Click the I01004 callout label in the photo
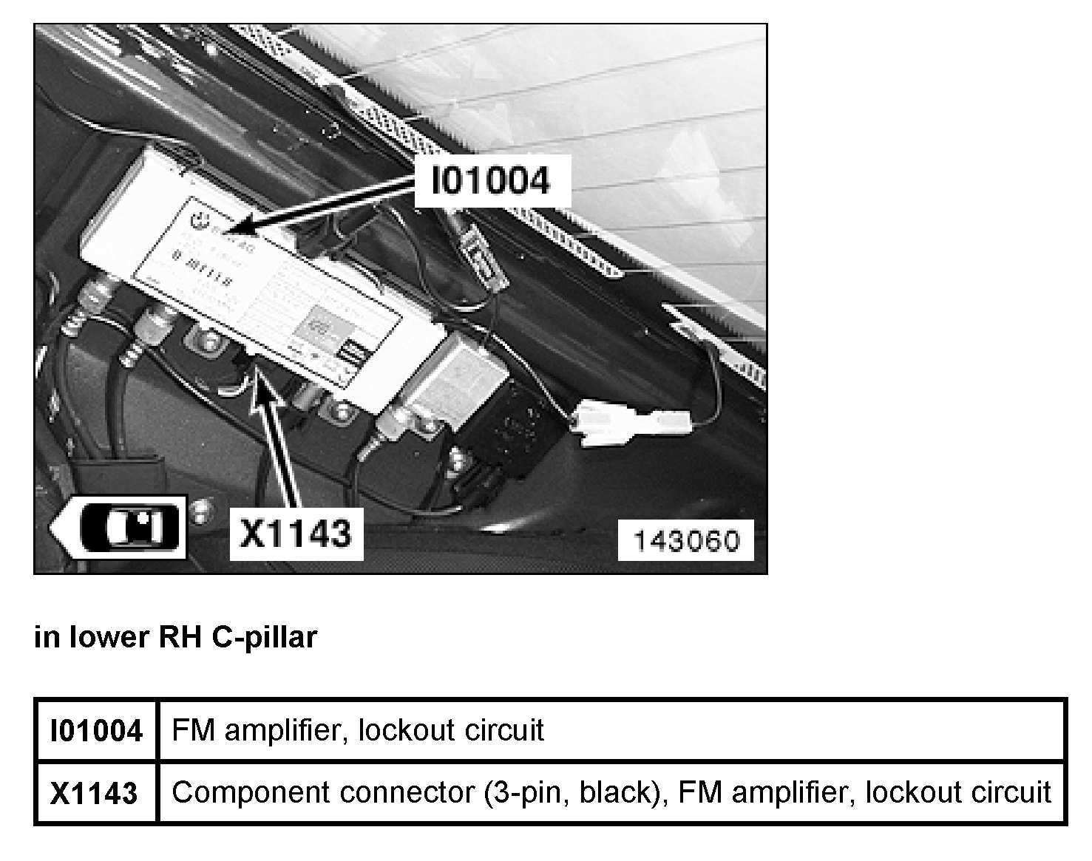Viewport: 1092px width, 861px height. [491, 180]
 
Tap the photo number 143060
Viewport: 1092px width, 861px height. [685, 540]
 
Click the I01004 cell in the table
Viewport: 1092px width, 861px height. [96, 731]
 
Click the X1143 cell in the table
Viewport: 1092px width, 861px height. [94, 793]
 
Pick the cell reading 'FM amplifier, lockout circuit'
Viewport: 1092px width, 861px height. [358, 730]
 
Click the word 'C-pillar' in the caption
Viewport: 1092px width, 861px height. [264, 636]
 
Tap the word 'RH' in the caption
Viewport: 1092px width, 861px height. [180, 636]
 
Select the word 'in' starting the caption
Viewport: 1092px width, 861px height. [47, 636]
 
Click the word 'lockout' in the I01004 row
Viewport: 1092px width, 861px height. [407, 730]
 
